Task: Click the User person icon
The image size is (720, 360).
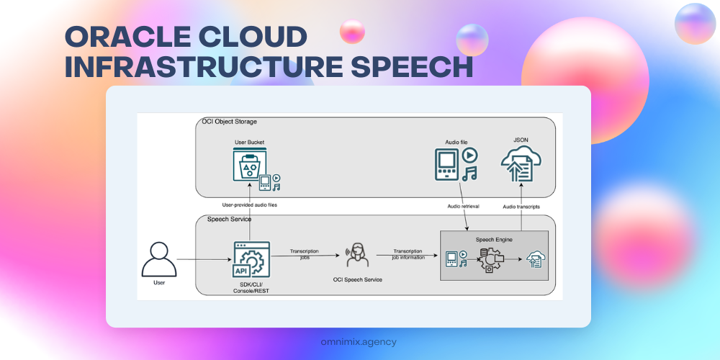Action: coord(160,259)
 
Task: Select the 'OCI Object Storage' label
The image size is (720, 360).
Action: coord(229,122)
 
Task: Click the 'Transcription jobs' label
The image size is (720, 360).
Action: coord(304,253)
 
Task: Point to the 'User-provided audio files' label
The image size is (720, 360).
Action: coord(250,205)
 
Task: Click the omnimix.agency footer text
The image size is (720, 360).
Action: coord(359,342)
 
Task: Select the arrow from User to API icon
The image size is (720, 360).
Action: coord(204,259)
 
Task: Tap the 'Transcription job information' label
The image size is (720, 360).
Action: coord(408,253)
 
